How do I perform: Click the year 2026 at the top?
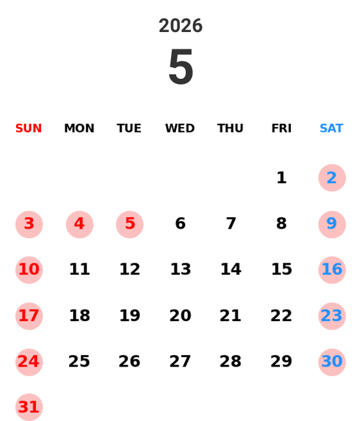pos(180,26)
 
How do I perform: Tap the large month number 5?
pos(181,67)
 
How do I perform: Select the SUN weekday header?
pos(29,129)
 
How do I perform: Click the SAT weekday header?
pos(331,129)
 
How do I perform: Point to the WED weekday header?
pos(180,129)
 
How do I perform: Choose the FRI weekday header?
pos(281,129)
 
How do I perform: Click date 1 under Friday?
pos(281,178)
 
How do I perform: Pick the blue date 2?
pos(332,178)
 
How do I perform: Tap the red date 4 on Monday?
pos(79,224)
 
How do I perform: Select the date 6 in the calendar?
pos(180,224)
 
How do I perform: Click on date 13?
pos(180,270)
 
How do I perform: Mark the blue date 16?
pos(332,270)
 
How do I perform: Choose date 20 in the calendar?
pos(180,316)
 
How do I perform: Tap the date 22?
pos(281,316)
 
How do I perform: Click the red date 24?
pos(29,362)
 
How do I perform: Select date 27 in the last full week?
pos(180,362)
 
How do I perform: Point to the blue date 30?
pos(332,362)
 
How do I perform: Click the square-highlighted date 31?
pos(29,407)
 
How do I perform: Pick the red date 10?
pos(29,270)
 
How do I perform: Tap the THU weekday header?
pos(231,129)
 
